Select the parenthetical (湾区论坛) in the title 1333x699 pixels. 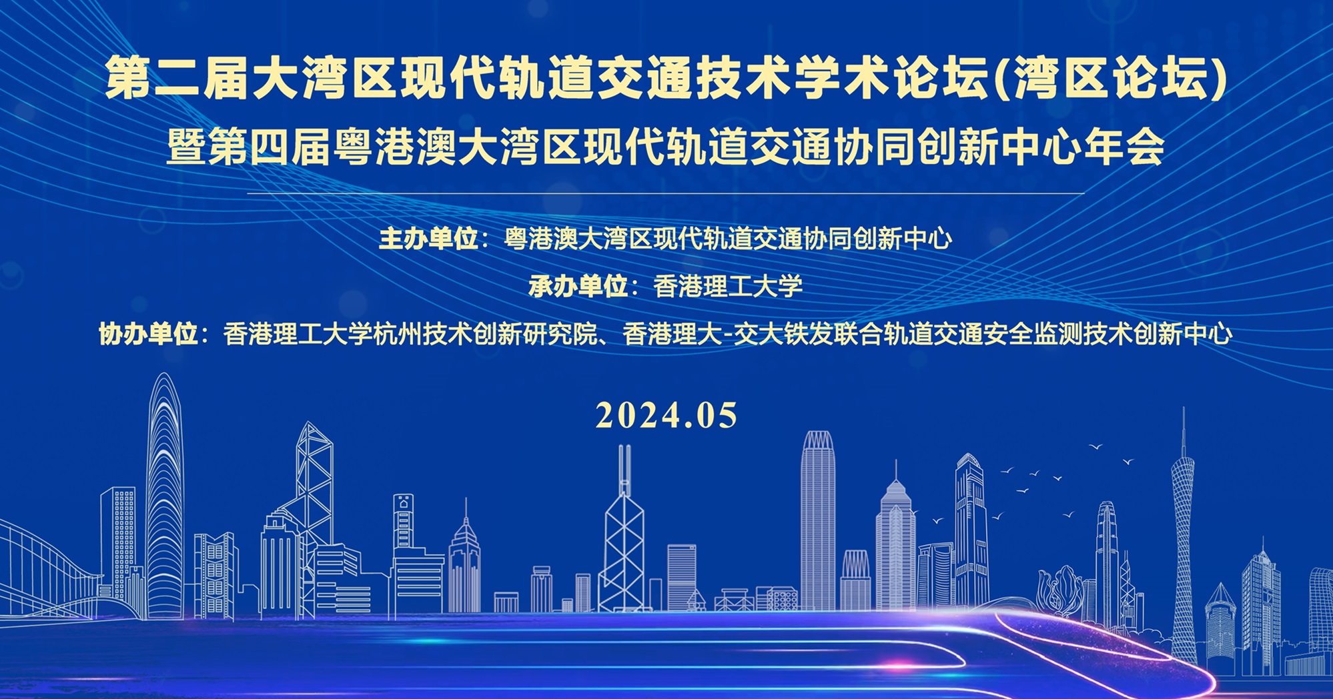pyautogui.click(x=1111, y=78)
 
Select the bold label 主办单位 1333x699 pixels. pyautogui.click(x=428, y=239)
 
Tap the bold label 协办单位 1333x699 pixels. pyautogui.click(x=148, y=333)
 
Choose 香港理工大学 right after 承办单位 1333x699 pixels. pyautogui.click(x=727, y=286)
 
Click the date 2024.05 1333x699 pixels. pyautogui.click(x=666, y=416)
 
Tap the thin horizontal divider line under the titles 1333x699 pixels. pyautogui.click(x=666, y=193)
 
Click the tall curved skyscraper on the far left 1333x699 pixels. pyautogui.click(x=164, y=494)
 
